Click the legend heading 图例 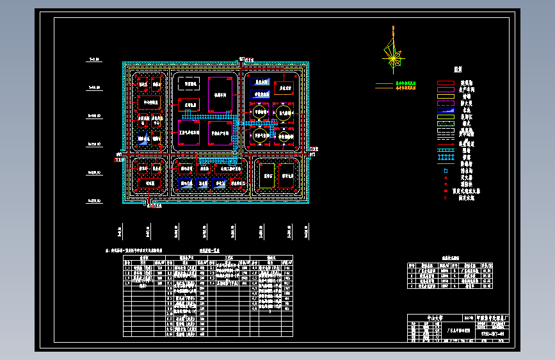tap(458, 69)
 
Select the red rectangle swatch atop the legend tap(446, 84)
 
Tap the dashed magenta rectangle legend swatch tap(446, 103)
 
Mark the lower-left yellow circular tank tap(261, 134)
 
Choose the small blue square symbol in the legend tap(446, 170)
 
